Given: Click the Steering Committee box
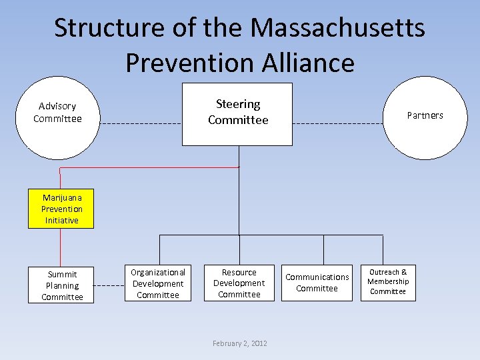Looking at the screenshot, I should [237, 113].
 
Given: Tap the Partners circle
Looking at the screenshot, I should [424, 119].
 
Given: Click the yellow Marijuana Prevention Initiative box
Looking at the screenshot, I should [61, 209].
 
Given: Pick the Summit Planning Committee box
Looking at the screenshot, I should [61, 285].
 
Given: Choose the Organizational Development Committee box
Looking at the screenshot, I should [158, 283].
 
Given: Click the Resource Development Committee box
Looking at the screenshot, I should [239, 283].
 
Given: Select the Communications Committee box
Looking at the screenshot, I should [317, 283].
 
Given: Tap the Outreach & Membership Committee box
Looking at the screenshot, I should [388, 282].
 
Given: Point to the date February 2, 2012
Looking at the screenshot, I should [239, 343].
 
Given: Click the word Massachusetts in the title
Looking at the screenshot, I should [338, 29].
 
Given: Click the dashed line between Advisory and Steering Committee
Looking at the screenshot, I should [141, 124].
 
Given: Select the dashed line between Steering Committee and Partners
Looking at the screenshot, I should [337, 124].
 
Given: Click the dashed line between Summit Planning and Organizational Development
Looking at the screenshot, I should [109, 284].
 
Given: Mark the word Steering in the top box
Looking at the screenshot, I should [238, 104].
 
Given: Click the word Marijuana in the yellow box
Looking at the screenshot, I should [62, 198].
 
